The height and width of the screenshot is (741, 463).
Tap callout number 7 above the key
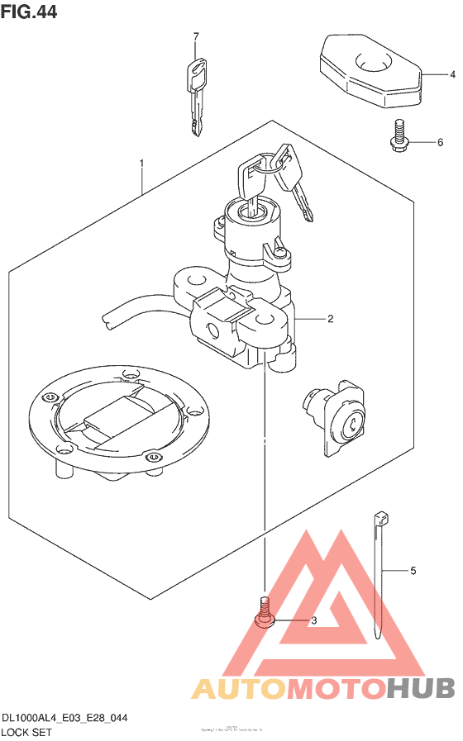(196, 37)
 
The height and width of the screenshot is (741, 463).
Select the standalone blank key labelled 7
(196, 93)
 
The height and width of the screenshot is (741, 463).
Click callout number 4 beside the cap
(452, 74)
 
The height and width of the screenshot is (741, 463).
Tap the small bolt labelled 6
(399, 136)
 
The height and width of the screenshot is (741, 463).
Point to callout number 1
(141, 164)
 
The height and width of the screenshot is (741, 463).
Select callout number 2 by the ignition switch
(330, 319)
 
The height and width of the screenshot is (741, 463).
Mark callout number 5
(413, 571)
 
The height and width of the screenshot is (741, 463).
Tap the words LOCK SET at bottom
(26, 733)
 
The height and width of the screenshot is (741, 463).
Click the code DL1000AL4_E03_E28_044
(64, 719)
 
